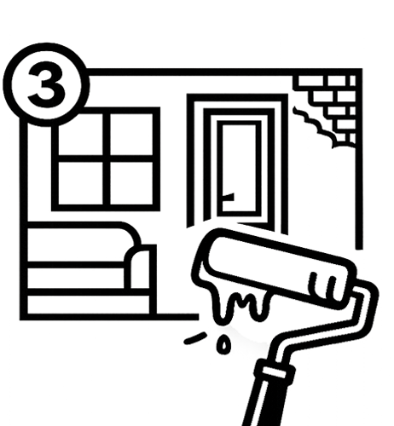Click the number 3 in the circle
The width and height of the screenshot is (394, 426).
46,84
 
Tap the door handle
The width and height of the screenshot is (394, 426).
228,197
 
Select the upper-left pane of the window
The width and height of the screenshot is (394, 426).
80,135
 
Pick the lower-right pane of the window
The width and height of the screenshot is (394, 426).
131,183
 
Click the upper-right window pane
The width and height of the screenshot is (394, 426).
131,135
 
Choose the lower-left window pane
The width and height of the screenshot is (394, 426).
80,183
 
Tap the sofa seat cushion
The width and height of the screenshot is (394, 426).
75,278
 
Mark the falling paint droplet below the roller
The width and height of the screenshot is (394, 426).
223,344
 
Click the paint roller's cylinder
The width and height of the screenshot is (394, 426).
275,268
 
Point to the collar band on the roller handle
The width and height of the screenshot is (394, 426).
275,371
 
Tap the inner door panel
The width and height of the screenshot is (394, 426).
239,168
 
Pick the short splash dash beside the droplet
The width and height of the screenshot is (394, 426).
195,338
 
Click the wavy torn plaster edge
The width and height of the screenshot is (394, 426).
314,125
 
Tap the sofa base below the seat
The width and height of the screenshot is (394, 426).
88,305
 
